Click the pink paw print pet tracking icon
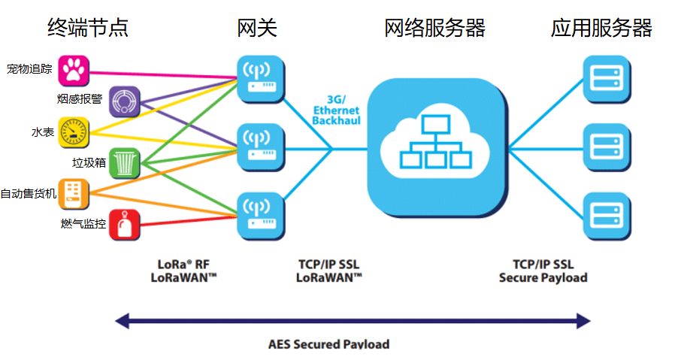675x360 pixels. [x=74, y=71]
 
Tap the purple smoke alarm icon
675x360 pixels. [x=125, y=101]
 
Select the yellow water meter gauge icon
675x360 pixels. [x=74, y=132]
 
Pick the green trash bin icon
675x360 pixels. [x=125, y=163]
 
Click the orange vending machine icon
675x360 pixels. [x=74, y=194]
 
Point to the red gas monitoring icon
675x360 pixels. [x=125, y=225]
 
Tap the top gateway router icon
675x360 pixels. [x=261, y=80]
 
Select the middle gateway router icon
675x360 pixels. [x=261, y=148]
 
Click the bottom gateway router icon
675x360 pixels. [x=261, y=216]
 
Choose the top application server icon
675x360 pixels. [x=607, y=80]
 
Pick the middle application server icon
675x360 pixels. [x=607, y=148]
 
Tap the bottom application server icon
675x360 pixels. [x=607, y=216]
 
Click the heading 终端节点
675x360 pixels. [x=88, y=28]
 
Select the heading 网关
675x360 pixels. [x=257, y=28]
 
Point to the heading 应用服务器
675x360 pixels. [x=601, y=28]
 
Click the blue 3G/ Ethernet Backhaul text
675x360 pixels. [x=336, y=110]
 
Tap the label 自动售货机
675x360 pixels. [x=29, y=194]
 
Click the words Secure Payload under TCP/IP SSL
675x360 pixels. [x=543, y=278]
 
